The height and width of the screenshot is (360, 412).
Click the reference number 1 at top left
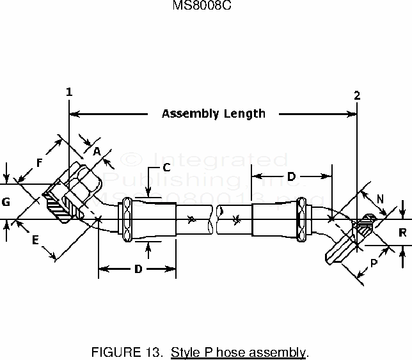68,92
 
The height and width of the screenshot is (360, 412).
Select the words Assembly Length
213,114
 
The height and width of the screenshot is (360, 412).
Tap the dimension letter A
97,151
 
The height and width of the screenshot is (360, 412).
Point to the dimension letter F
39,162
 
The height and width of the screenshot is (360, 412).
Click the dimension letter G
6,202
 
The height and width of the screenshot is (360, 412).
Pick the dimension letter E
36,240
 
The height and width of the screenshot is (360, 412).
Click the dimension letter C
165,168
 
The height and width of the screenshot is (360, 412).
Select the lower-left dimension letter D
138,269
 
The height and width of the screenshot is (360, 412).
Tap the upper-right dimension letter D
290,175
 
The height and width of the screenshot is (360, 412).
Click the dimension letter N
380,199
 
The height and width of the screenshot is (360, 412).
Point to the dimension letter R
402,233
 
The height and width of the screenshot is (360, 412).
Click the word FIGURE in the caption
112,352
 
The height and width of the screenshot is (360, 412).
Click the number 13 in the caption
148,352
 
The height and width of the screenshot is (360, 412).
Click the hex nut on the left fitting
82,185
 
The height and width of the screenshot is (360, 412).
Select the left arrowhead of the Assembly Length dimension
73,114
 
